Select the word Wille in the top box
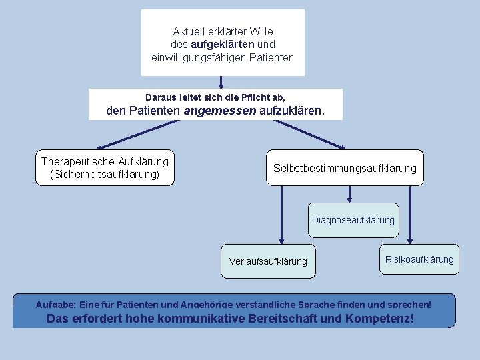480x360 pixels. [x=261, y=31]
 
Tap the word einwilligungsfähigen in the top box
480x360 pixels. [x=196, y=58]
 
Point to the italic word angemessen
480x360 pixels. [x=219, y=111]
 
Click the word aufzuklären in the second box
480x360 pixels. [x=292, y=111]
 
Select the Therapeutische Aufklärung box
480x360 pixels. [x=105, y=167]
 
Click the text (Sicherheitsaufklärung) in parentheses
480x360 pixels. [x=105, y=175]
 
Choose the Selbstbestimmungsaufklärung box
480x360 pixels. [x=345, y=168]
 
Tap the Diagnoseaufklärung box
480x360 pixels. [x=353, y=220]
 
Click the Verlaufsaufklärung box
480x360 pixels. [x=268, y=261]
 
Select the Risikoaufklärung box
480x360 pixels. [x=419, y=259]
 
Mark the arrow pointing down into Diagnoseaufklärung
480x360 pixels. [x=350, y=193]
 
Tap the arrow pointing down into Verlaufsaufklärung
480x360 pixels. [x=281, y=213]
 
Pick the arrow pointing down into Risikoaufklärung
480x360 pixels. [x=410, y=213]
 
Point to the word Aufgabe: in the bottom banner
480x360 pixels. [x=56, y=305]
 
